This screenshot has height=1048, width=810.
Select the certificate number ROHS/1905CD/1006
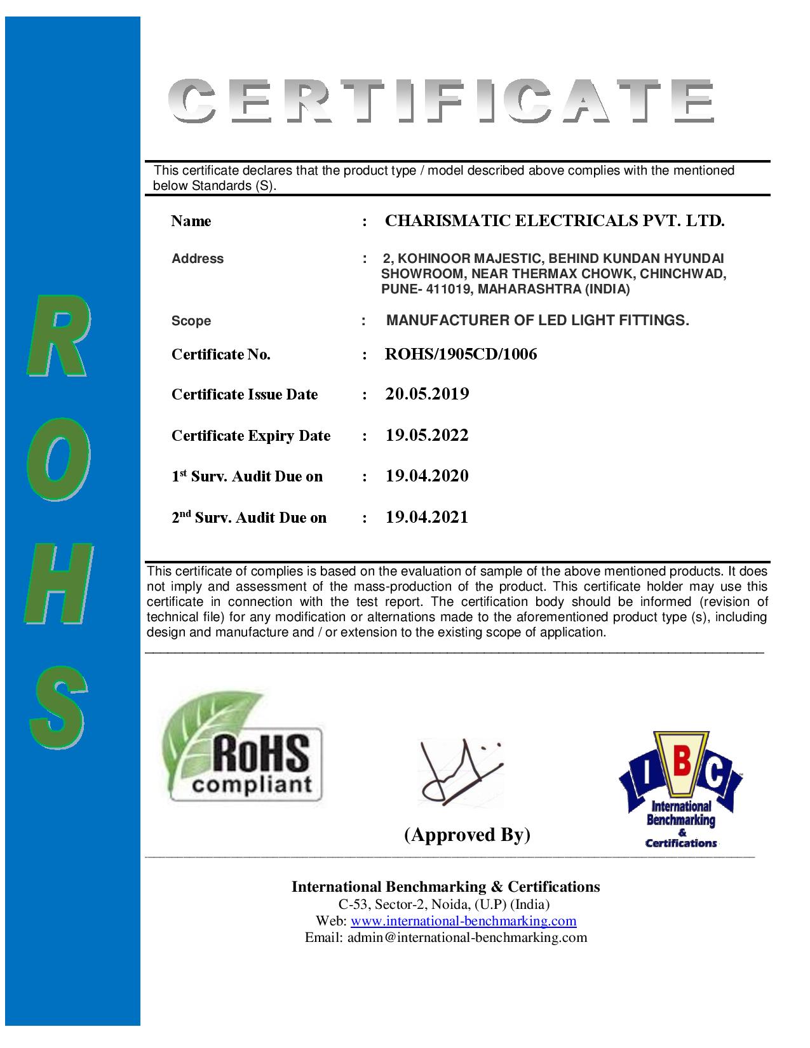461,354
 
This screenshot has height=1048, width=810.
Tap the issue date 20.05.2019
427,394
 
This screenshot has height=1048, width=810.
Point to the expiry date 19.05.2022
427,436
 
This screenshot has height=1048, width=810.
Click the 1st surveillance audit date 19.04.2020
427,476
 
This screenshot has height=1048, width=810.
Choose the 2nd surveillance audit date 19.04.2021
427,518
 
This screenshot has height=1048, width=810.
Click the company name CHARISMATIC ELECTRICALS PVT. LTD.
555,221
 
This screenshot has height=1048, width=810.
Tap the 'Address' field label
198,259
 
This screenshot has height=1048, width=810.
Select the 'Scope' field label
191,321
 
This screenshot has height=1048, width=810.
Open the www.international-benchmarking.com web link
463,921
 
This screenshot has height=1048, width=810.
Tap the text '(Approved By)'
467,834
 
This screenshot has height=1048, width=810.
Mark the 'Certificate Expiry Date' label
251,436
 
